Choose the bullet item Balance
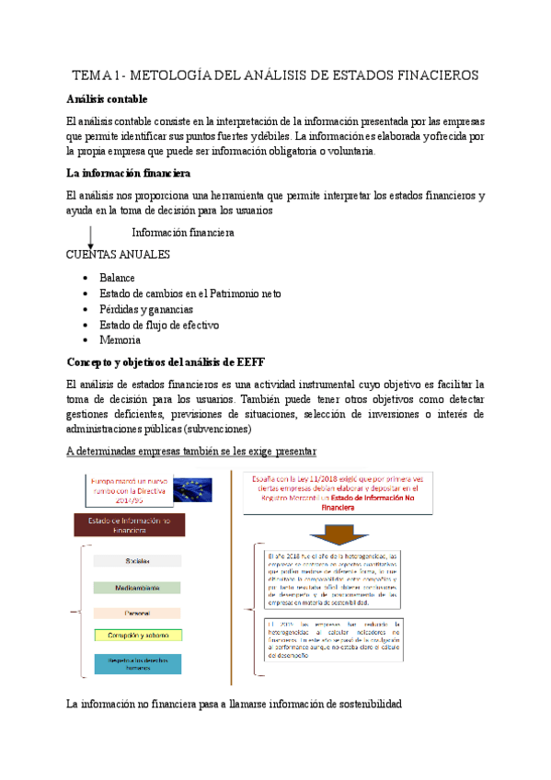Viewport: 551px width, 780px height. (117, 278)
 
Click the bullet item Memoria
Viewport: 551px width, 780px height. (120, 340)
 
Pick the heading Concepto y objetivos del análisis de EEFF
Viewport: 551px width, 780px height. (166, 362)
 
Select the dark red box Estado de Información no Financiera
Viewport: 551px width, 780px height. (129, 524)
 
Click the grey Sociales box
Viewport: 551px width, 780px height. (138, 561)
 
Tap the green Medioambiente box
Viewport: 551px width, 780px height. (138, 586)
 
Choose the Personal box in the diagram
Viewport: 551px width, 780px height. (138, 611)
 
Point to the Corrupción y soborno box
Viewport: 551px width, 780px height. (138, 635)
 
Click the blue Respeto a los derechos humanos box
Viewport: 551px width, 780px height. (138, 664)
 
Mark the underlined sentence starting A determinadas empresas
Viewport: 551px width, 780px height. (192, 451)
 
